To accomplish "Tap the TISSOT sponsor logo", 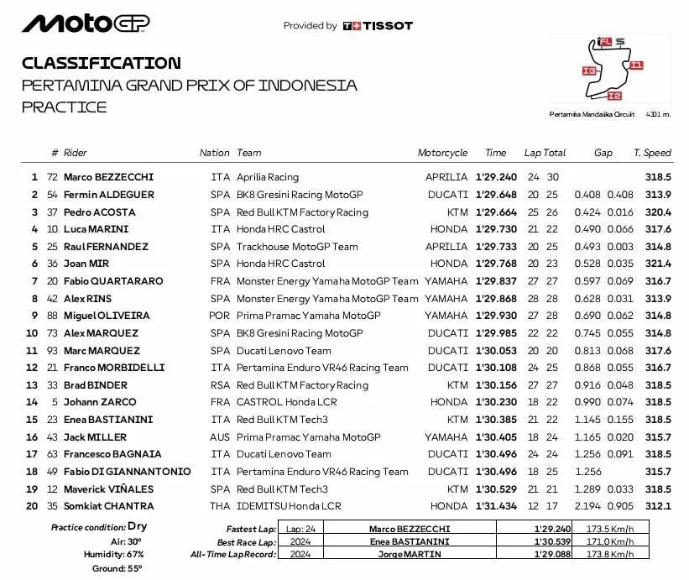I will pyautogui.click(x=378, y=26).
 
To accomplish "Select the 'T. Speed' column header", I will pyautogui.click(x=652, y=153).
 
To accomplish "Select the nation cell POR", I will pyautogui.click(x=219, y=316).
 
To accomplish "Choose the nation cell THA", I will pyautogui.click(x=219, y=506).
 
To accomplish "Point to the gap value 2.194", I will pyautogui.click(x=588, y=506).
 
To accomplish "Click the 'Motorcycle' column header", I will pyautogui.click(x=442, y=153).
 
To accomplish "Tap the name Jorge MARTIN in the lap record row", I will pyautogui.click(x=409, y=555).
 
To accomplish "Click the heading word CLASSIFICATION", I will pyautogui.click(x=101, y=63).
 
